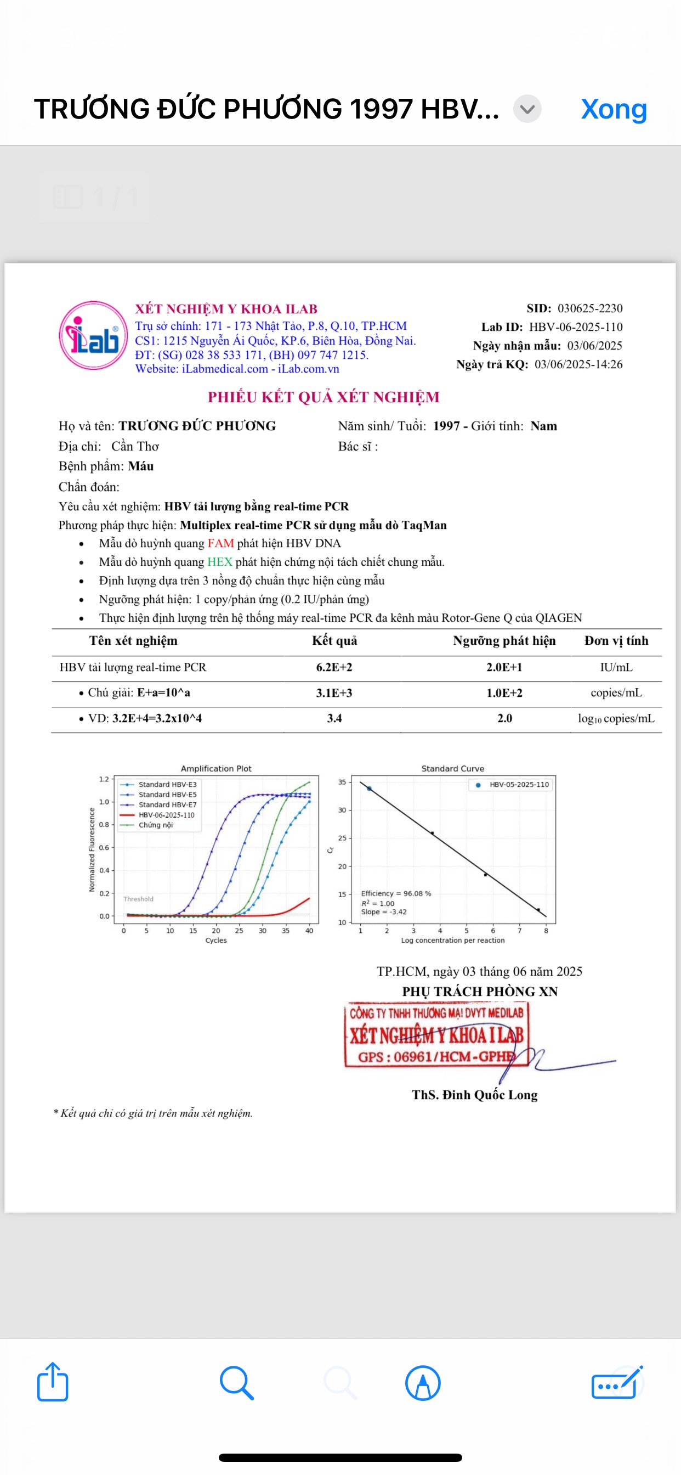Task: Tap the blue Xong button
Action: point(614,109)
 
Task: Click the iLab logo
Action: point(93,335)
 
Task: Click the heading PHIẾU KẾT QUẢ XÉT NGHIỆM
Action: point(324,397)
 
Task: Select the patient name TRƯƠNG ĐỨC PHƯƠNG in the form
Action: point(197,426)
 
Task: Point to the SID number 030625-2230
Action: point(589,308)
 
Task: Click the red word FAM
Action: point(220,543)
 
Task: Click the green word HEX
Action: point(220,562)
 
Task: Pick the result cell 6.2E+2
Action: point(334,668)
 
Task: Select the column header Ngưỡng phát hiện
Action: point(504,641)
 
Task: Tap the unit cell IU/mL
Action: point(616,668)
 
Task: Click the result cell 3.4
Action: point(334,719)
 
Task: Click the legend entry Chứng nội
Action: point(155,825)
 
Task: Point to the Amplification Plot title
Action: point(215,768)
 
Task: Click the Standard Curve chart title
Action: point(453,768)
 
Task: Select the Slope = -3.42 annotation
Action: point(383,912)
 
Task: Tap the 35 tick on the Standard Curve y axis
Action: point(342,782)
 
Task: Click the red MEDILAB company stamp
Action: point(436,1035)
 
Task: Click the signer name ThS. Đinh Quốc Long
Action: point(474,1095)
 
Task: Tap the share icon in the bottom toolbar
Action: point(53,1382)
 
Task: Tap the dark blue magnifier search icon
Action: point(236,1382)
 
